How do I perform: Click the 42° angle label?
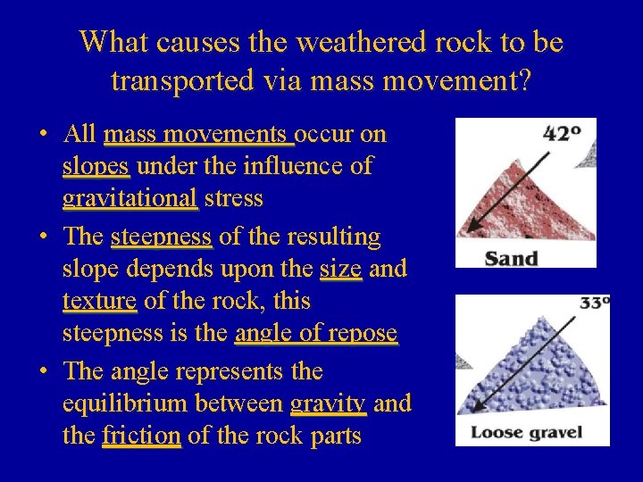[x=562, y=134]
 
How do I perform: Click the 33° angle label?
[x=594, y=303]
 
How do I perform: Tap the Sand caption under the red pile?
[x=511, y=259]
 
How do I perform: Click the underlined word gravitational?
[x=130, y=198]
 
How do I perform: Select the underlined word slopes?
[x=96, y=166]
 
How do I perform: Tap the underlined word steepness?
[x=161, y=237]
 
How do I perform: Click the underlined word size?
[x=340, y=269]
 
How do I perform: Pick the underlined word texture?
[x=99, y=302]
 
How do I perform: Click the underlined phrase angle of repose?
[x=315, y=334]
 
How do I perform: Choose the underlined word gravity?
[x=328, y=403]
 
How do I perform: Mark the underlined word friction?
[x=141, y=436]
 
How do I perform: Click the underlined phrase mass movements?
[x=198, y=134]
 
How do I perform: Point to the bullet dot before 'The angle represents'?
[x=43, y=371]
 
